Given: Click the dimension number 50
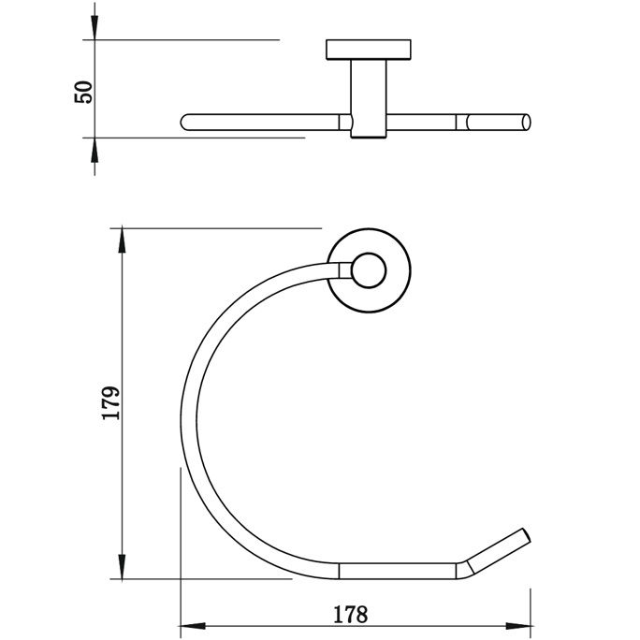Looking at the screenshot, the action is (83, 92).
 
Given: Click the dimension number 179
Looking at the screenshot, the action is (110, 402).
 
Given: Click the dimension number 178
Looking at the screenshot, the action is (351, 615).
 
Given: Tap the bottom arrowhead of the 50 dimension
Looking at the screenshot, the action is (95, 151).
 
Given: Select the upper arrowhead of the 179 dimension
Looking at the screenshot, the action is (122, 240).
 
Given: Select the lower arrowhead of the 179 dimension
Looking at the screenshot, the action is (122, 566).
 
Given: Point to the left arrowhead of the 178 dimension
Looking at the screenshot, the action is (193, 626).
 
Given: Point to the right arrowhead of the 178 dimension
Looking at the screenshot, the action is (518, 626).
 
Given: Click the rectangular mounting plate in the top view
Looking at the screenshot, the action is (369, 50).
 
